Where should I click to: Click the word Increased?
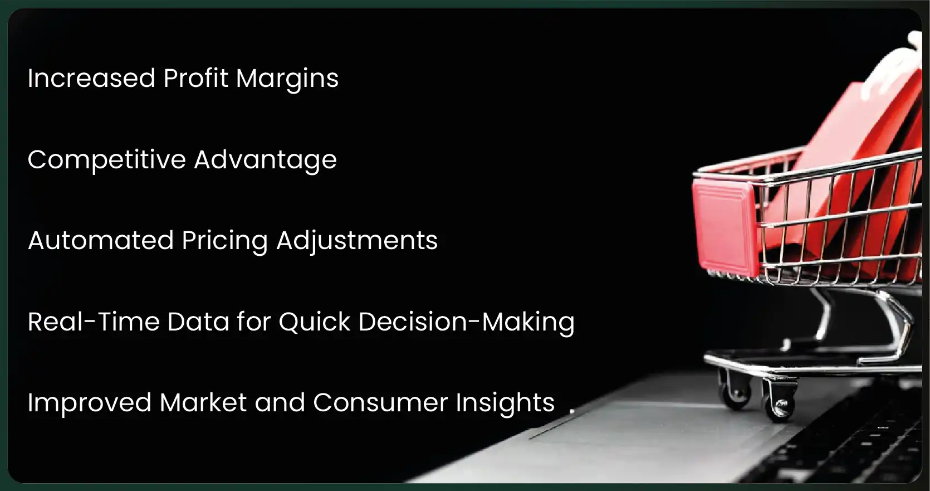[x=91, y=78]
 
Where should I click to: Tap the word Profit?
[x=195, y=77]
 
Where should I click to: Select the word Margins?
[x=287, y=79]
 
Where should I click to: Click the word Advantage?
[x=265, y=161]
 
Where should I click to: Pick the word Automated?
[x=100, y=241]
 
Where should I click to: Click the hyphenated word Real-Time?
[x=94, y=322]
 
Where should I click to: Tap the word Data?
[x=198, y=322]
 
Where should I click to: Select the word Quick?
[x=315, y=322]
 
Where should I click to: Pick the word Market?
[x=203, y=402]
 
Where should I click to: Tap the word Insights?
[x=505, y=404]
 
